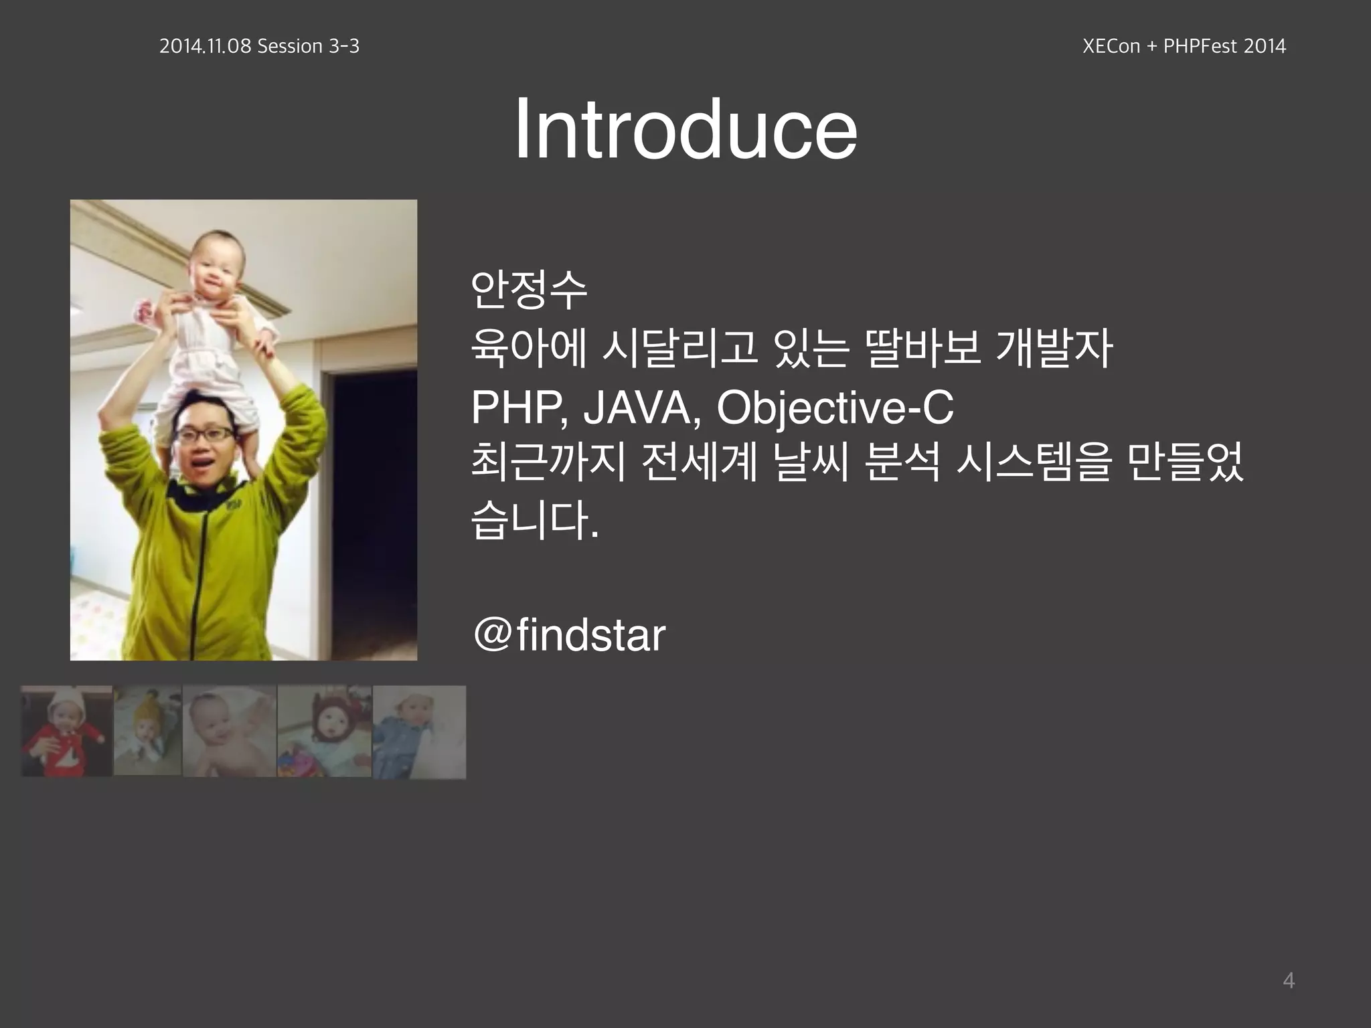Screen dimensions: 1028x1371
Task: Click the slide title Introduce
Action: (685, 128)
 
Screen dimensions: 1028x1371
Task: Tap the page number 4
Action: (1288, 980)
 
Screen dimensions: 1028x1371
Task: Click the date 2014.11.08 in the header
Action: (205, 46)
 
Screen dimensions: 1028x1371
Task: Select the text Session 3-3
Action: (308, 46)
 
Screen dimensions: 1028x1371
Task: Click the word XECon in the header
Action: (1112, 46)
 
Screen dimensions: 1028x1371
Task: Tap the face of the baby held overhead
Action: (216, 268)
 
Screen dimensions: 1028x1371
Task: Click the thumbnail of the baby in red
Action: (66, 731)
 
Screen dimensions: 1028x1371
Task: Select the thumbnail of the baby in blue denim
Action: (419, 732)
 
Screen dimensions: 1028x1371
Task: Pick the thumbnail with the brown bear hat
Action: (324, 731)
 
